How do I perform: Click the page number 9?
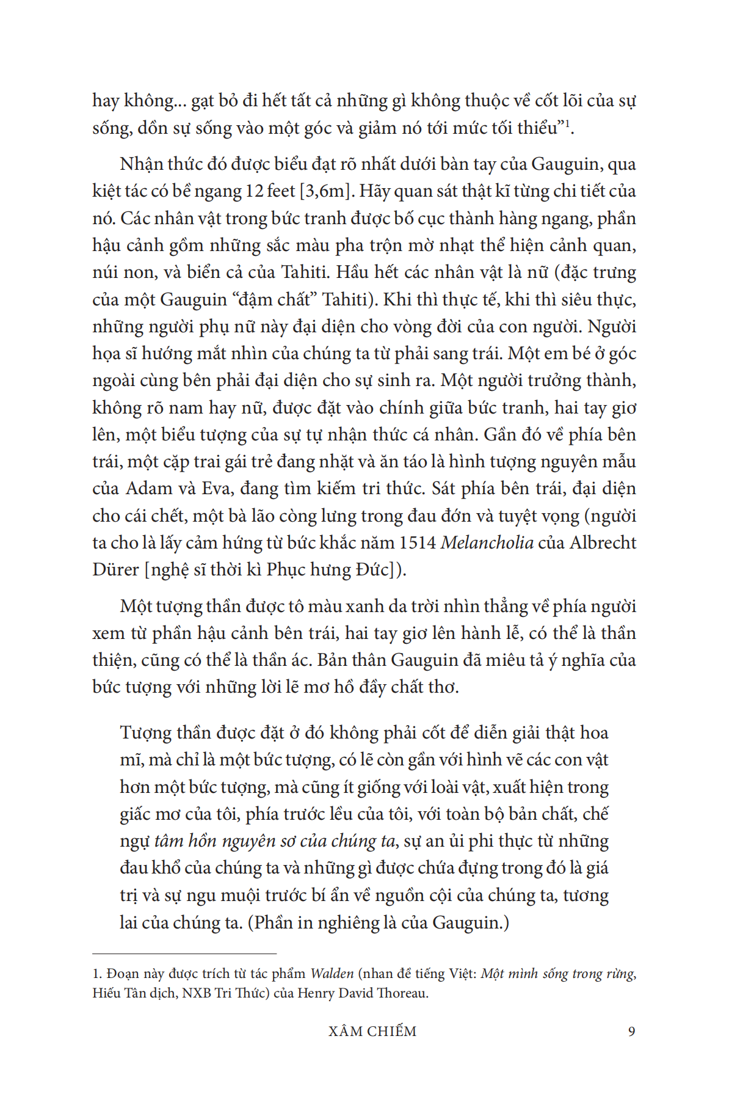click(x=631, y=1032)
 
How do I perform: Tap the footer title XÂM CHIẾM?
click(x=372, y=1032)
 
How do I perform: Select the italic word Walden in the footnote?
click(x=332, y=974)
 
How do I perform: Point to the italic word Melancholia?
click(x=487, y=542)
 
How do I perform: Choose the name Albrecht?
click(x=603, y=542)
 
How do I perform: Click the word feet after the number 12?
click(x=281, y=191)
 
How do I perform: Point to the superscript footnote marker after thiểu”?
click(x=567, y=124)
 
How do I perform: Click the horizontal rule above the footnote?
click(x=184, y=954)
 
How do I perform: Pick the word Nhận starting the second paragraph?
click(x=141, y=164)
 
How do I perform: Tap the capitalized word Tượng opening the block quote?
click(x=145, y=732)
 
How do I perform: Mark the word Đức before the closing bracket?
click(x=372, y=569)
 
